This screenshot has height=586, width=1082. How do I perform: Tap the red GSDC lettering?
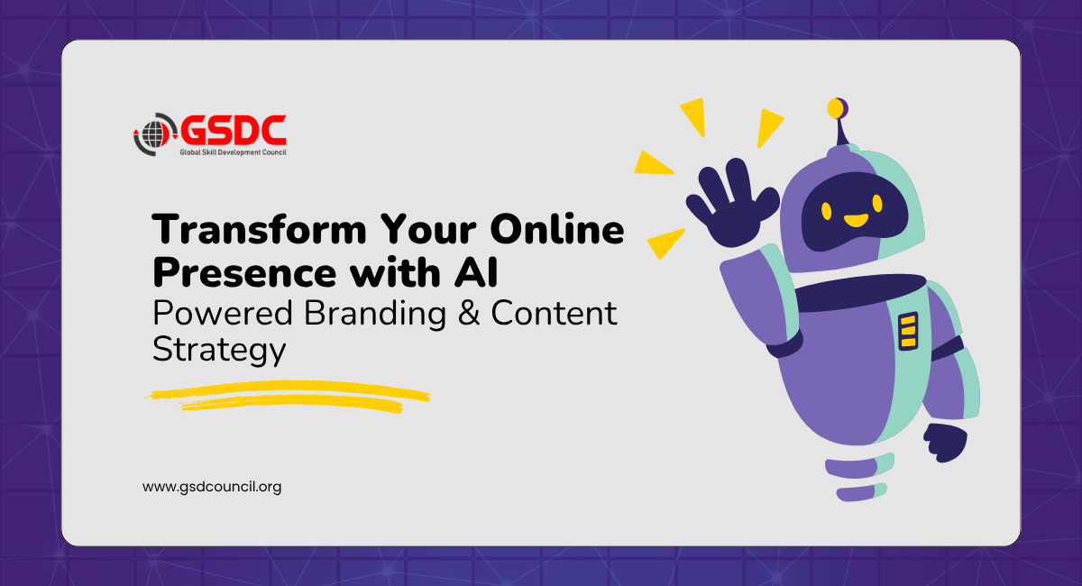[x=234, y=131]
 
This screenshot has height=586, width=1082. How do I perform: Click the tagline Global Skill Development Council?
[x=233, y=152]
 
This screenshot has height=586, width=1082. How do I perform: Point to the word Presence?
[x=244, y=272]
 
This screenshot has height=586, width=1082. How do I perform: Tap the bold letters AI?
[x=476, y=272]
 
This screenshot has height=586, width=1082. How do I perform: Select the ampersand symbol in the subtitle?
[x=469, y=313]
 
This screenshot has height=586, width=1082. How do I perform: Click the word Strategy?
[x=219, y=350]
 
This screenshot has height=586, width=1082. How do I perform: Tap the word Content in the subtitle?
[x=554, y=313]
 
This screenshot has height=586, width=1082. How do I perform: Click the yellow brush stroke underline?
[x=288, y=397]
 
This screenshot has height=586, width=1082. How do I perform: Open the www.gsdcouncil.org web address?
[x=212, y=487]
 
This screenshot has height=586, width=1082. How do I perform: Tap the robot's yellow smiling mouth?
[x=856, y=220]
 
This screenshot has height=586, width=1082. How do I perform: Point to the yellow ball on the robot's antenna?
[x=837, y=108]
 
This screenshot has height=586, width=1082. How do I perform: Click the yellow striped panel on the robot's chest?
[x=908, y=332]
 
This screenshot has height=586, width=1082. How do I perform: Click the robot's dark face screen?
[x=854, y=212]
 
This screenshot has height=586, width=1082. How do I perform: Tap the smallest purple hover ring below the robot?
[x=861, y=492]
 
